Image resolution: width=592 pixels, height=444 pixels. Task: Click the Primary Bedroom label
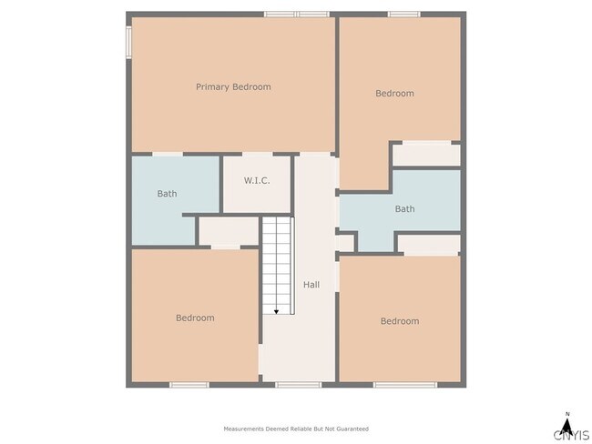tap(233, 87)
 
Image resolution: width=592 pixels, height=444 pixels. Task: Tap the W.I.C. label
tap(257, 180)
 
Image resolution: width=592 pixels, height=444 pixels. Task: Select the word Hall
tap(311, 285)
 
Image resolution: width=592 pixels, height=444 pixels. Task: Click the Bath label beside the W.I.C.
tap(167, 194)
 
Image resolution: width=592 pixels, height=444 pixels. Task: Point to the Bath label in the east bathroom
tap(404, 209)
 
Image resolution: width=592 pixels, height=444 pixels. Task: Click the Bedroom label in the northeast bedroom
tap(394, 94)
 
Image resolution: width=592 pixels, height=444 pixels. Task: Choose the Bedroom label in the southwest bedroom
tap(195, 318)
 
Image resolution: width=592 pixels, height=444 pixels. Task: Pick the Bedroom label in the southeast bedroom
tap(400, 321)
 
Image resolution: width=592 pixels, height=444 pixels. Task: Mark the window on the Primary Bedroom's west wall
tap(128, 41)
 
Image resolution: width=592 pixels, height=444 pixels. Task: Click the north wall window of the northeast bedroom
tap(403, 14)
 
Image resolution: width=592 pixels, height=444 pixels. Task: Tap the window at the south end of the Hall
tap(298, 385)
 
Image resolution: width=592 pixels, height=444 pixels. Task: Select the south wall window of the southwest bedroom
tap(189, 385)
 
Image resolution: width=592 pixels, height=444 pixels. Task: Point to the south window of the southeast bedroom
tap(398, 385)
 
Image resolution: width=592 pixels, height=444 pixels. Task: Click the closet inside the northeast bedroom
tap(426, 155)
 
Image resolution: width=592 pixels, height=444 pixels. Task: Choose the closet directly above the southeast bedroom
tap(428, 244)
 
